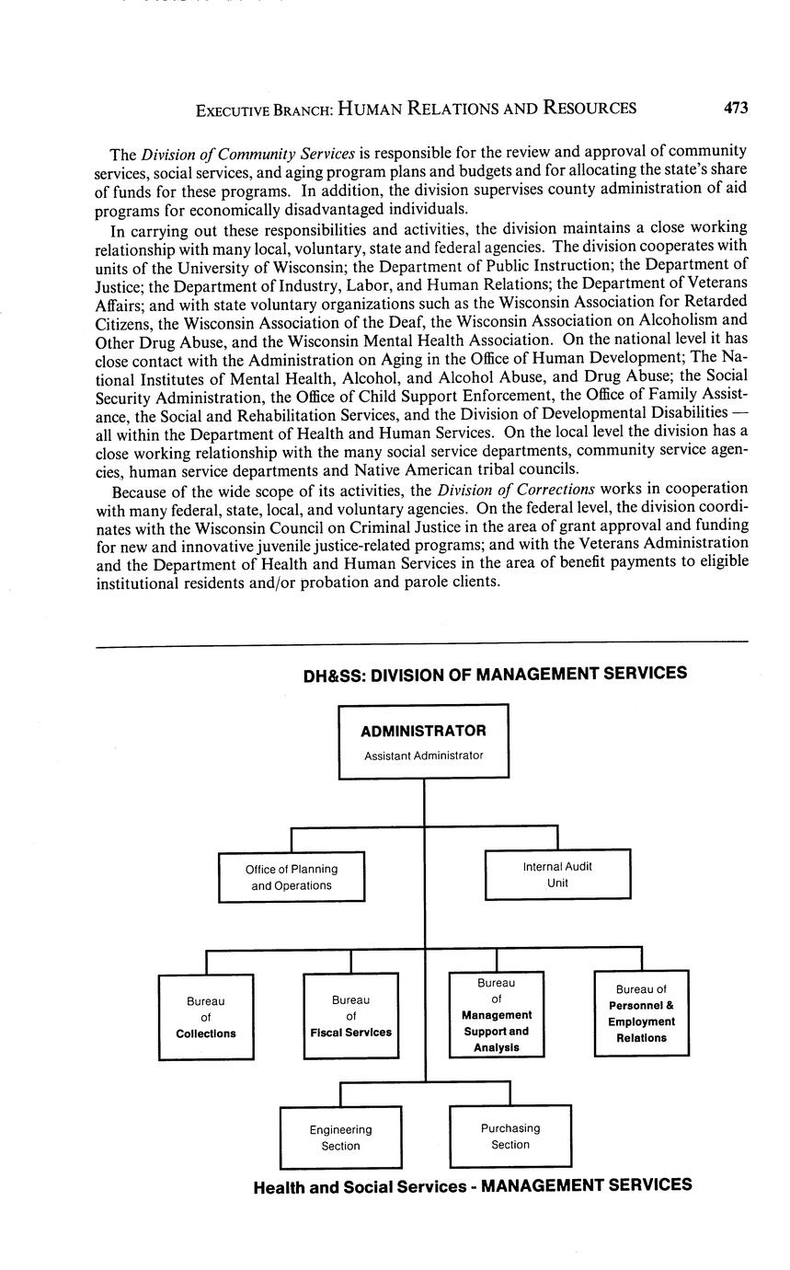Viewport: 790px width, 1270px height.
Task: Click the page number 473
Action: [x=735, y=108]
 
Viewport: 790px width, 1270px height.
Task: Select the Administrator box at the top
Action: [x=423, y=742]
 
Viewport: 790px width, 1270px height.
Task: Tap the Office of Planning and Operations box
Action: [x=292, y=877]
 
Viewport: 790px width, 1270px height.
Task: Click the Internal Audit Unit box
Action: [x=557, y=874]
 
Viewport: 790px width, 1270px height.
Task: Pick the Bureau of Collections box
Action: [x=206, y=1017]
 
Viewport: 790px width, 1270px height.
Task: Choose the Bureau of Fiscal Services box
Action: [x=350, y=1016]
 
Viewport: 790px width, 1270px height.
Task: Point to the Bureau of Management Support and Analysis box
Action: [x=497, y=1015]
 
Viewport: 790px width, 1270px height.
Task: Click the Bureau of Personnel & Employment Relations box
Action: [x=641, y=1012]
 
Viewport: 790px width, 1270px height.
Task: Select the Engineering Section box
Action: [x=340, y=1137]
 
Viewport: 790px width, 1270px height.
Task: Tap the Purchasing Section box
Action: [x=509, y=1136]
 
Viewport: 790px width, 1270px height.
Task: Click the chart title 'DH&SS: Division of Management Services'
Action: [x=495, y=674]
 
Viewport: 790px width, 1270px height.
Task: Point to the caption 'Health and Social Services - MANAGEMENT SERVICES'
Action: [x=473, y=1185]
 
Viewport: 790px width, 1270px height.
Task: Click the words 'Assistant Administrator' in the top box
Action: [x=423, y=756]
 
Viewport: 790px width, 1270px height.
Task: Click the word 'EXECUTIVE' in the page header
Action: [x=233, y=110]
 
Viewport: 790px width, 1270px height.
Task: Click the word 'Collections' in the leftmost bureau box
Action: [x=206, y=1033]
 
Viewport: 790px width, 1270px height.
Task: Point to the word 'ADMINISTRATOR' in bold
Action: [x=423, y=731]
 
